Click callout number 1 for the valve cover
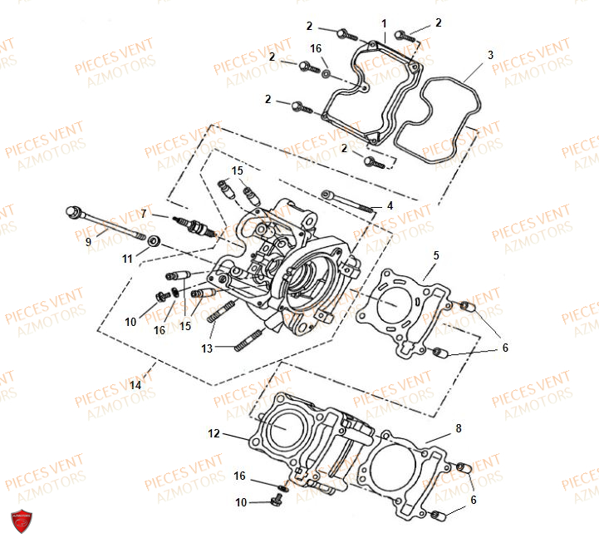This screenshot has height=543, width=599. pyautogui.click(x=385, y=22)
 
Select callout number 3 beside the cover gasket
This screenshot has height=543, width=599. pyautogui.click(x=490, y=55)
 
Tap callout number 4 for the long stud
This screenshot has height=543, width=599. pyautogui.click(x=389, y=205)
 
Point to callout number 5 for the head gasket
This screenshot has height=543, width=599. pyautogui.click(x=436, y=254)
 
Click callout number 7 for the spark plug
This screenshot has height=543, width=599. pyautogui.click(x=143, y=214)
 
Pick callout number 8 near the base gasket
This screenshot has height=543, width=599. pyautogui.click(x=458, y=429)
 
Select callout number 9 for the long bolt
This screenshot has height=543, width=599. pyautogui.click(x=88, y=242)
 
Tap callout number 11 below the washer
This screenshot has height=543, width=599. pyautogui.click(x=127, y=259)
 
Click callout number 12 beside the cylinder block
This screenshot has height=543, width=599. pyautogui.click(x=214, y=433)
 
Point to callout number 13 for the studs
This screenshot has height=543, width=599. pyautogui.click(x=207, y=348)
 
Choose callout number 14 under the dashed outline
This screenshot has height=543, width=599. pyautogui.click(x=135, y=385)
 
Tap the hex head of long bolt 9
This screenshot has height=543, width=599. pyautogui.click(x=73, y=211)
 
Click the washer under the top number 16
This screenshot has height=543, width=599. pyautogui.click(x=326, y=73)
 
